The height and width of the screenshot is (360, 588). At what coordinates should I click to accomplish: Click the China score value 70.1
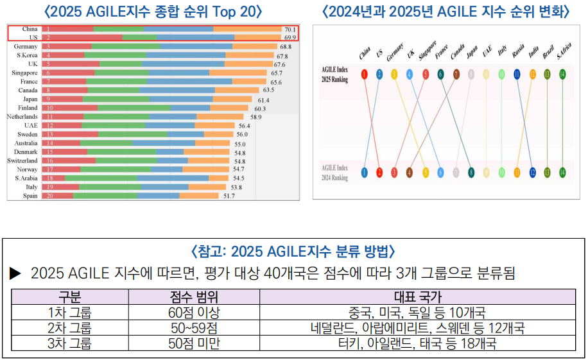(x=290, y=30)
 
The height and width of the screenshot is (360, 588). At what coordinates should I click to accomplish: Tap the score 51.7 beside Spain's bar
(x=229, y=196)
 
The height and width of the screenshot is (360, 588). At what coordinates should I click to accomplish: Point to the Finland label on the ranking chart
(x=28, y=108)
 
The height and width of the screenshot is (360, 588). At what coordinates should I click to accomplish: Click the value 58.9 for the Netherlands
(x=255, y=117)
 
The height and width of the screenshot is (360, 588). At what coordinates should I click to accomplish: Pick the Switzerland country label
(x=22, y=160)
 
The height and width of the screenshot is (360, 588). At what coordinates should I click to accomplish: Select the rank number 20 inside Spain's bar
(x=48, y=196)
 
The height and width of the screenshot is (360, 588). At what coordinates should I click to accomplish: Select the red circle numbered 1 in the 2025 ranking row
(x=364, y=74)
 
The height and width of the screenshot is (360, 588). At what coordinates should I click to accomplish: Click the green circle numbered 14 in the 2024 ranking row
(x=562, y=172)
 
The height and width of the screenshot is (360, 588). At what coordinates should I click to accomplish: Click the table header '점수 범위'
(x=194, y=297)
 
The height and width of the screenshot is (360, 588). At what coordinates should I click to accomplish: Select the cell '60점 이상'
(x=194, y=313)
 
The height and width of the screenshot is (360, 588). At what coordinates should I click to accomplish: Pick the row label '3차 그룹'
(x=69, y=343)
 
